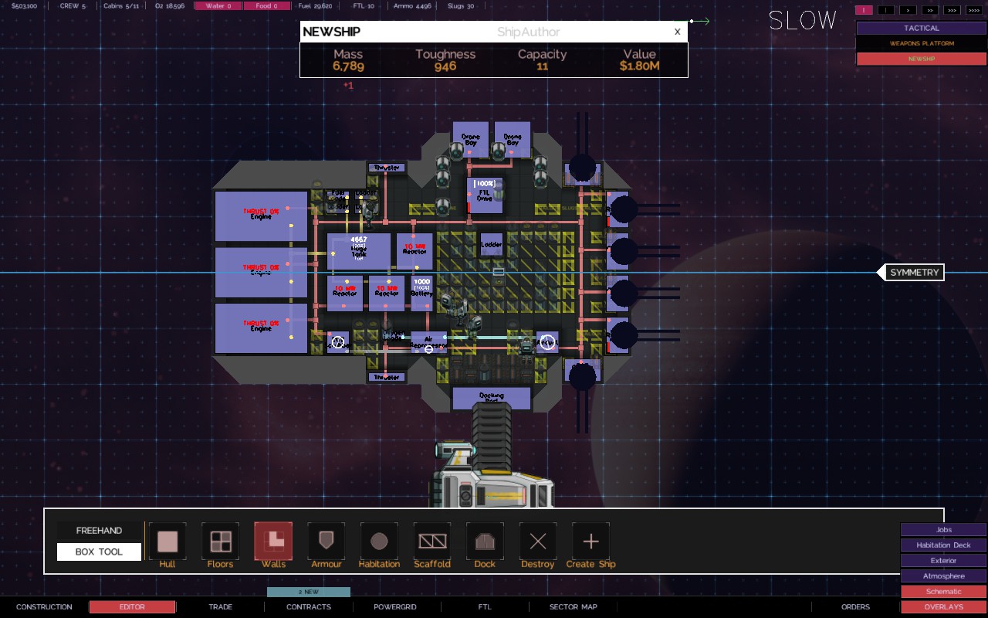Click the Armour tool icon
point(326,541)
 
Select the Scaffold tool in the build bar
point(432,541)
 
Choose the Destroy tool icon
point(538,541)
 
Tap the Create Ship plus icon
point(590,541)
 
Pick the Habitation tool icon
point(379,541)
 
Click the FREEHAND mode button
point(99,531)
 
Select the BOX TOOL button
point(99,552)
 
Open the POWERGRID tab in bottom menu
point(395,606)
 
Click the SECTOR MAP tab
point(573,606)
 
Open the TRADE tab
point(220,606)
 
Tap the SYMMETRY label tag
point(914,273)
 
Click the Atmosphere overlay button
point(943,576)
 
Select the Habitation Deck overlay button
point(943,545)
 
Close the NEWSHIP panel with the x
point(677,32)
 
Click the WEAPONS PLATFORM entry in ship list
point(922,43)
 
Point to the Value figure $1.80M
point(639,66)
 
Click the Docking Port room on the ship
point(492,398)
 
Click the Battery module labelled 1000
point(421,293)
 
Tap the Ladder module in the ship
point(492,245)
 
